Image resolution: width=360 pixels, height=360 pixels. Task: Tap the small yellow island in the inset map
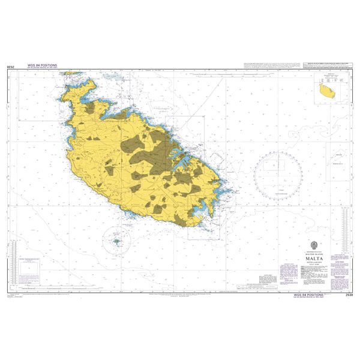pos(326,92)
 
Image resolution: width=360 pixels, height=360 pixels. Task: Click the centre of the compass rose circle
pos(278,174)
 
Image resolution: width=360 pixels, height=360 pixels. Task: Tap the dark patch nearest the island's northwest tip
pos(91,109)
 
